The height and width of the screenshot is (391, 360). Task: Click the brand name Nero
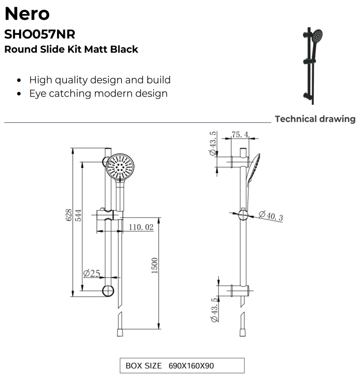[x=26, y=13]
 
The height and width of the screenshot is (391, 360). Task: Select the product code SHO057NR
[x=39, y=34]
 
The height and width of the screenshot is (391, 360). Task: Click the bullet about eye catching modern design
[x=98, y=93]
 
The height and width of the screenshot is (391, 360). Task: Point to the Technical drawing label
[x=315, y=119]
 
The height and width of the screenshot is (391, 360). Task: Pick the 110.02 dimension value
[x=141, y=227]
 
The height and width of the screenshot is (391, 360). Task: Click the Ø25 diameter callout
[x=91, y=273]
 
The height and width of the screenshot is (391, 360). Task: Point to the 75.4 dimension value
[x=240, y=135]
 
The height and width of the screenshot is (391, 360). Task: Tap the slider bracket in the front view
[x=108, y=215]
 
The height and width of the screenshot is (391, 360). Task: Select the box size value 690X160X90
[x=191, y=366]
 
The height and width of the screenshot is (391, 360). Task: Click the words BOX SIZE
[x=143, y=366]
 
